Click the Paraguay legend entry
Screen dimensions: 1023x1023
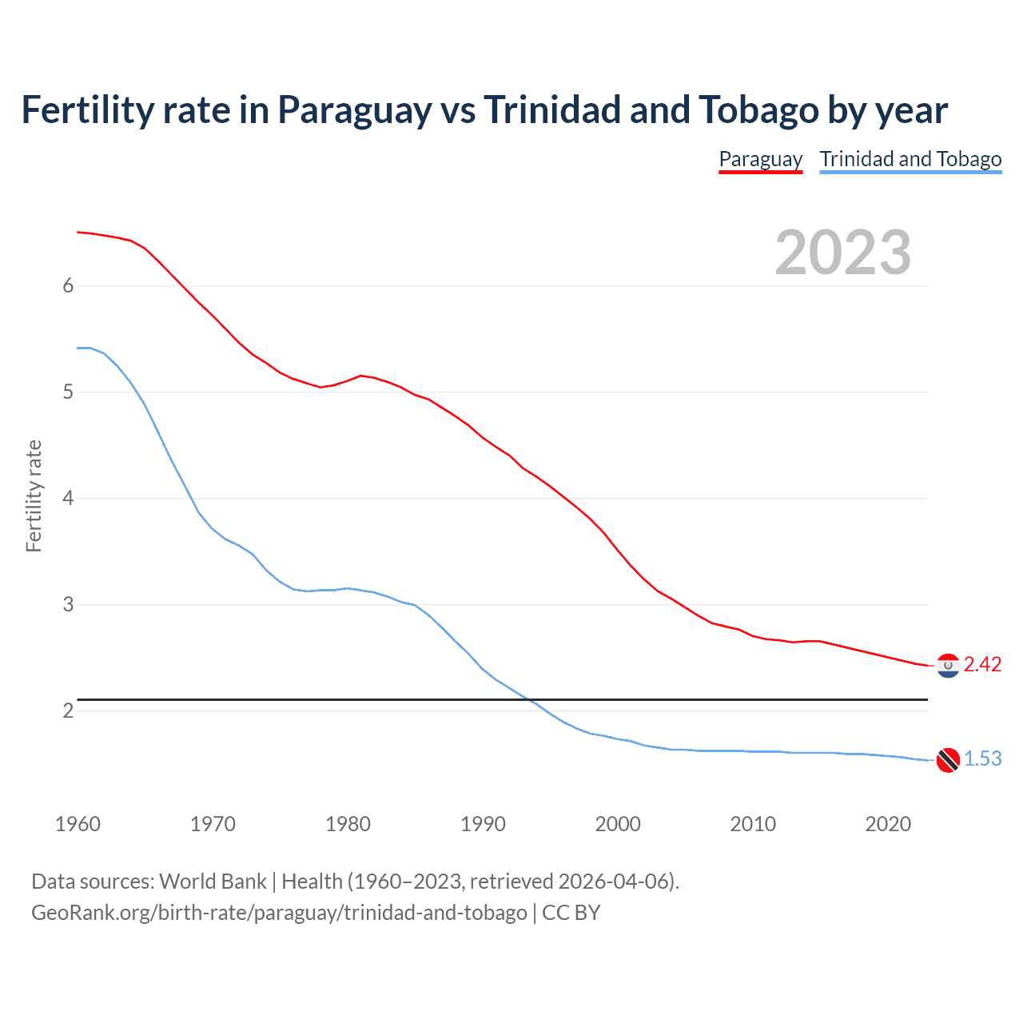[760, 159]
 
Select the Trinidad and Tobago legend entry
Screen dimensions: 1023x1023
[910, 159]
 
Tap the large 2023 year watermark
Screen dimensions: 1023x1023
[842, 253]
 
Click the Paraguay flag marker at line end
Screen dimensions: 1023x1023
[948, 665]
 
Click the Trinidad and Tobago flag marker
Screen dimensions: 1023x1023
[948, 759]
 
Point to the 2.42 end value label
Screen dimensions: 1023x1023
[982, 665]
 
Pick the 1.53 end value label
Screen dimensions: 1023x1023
[982, 759]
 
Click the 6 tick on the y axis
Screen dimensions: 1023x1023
[68, 286]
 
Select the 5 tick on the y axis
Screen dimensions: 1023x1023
[68, 392]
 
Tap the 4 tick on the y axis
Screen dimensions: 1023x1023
[68, 499]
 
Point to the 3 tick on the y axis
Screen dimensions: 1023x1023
[68, 605]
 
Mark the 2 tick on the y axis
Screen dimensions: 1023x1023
[68, 711]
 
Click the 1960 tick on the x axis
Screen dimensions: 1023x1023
[78, 824]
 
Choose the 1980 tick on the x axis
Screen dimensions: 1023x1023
[348, 824]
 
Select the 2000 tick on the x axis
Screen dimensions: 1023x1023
[618, 824]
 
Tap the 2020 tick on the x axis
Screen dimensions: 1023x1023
[888, 824]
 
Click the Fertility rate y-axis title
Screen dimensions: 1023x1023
[34, 496]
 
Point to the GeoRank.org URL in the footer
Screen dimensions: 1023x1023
[279, 913]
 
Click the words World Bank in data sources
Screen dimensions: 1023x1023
[213, 882]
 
